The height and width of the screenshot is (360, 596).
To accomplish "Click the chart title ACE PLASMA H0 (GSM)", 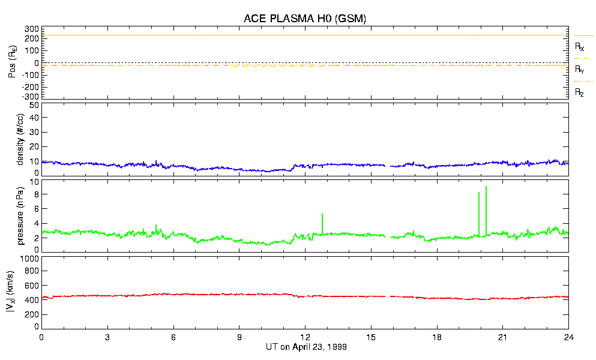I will [x=304, y=19].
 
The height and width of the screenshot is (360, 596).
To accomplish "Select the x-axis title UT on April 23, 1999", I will [x=306, y=347].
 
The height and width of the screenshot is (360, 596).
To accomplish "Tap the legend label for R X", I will [x=579, y=46].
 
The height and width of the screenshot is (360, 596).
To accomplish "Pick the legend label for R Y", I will [x=579, y=70].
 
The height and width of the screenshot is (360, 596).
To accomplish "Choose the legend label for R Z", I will [x=579, y=92].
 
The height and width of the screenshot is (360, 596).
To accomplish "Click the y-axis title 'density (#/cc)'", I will [x=20, y=139].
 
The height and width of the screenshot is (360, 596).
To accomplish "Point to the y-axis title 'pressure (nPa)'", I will [x=20, y=215].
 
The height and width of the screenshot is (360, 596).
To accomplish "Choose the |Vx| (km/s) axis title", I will [x=20, y=292].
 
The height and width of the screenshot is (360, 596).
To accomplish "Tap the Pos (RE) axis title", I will [x=20, y=62].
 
